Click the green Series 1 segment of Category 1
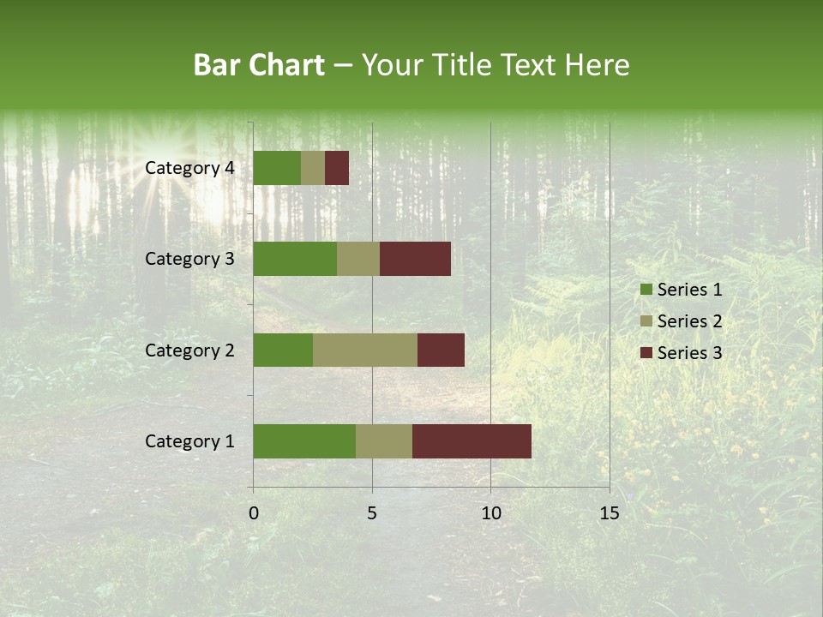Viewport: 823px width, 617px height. pyautogui.click(x=304, y=441)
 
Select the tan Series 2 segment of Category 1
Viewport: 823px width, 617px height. pyautogui.click(x=384, y=441)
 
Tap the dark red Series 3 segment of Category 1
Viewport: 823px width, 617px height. pyautogui.click(x=472, y=441)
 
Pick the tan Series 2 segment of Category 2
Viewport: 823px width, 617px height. pyautogui.click(x=365, y=350)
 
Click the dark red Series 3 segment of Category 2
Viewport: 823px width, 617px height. pyautogui.click(x=441, y=350)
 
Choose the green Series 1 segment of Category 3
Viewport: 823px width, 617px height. pyautogui.click(x=295, y=259)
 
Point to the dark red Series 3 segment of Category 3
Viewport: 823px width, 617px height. pyautogui.click(x=415, y=259)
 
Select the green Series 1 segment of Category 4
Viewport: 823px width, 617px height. pyautogui.click(x=277, y=168)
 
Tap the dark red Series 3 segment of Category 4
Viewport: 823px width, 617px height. pyautogui.click(x=337, y=168)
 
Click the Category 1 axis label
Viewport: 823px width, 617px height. pyautogui.click(x=189, y=441)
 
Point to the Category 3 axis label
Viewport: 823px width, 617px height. pyautogui.click(x=189, y=259)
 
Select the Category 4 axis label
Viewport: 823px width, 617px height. pyautogui.click(x=189, y=168)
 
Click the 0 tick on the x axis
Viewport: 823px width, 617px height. pyautogui.click(x=254, y=513)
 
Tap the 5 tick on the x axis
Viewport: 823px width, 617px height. pyautogui.click(x=372, y=513)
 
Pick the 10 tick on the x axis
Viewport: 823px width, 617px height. pyautogui.click(x=490, y=513)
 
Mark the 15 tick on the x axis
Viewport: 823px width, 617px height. pyautogui.click(x=609, y=513)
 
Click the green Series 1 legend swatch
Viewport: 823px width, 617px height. pyautogui.click(x=646, y=290)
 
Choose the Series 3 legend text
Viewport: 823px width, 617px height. pyautogui.click(x=689, y=353)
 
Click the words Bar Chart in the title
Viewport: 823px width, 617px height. pyautogui.click(x=259, y=65)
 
